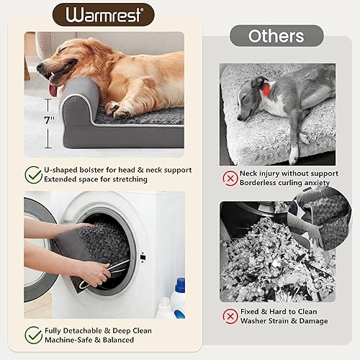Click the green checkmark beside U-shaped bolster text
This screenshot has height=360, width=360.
[x=33, y=174]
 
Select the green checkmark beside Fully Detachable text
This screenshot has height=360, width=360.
[x=33, y=334]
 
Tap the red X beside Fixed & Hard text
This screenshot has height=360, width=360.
[x=230, y=316]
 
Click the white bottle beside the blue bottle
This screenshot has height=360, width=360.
[x=164, y=308]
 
